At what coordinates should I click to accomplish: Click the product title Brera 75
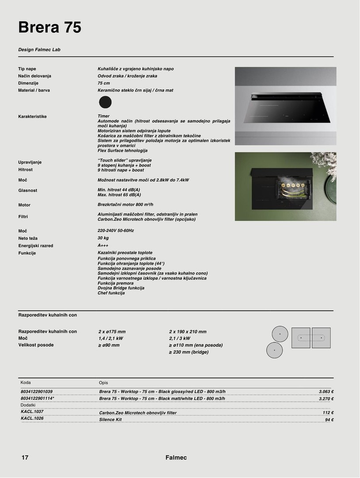tap(50, 27)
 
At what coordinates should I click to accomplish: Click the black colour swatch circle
tap(105, 102)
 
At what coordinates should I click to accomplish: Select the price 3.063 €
tap(326, 392)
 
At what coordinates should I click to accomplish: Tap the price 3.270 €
tap(326, 399)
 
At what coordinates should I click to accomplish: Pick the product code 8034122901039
tap(37, 392)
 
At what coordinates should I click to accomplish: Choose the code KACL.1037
tap(32, 412)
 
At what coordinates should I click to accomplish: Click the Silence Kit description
tap(111, 420)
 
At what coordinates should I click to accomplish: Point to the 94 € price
tap(329, 420)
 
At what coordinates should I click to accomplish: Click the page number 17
tap(25, 458)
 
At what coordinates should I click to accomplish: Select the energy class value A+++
tap(103, 245)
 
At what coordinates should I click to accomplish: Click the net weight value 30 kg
tap(103, 238)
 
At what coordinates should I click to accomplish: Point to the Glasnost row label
tap(28, 191)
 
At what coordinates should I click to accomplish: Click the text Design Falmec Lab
tap(39, 50)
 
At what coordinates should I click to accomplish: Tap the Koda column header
tap(26, 382)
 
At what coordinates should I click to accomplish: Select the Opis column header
tap(103, 383)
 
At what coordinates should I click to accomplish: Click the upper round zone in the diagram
tap(280, 333)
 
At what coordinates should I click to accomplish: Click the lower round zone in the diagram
tap(274, 350)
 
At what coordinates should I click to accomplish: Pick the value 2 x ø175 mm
tap(112, 332)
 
